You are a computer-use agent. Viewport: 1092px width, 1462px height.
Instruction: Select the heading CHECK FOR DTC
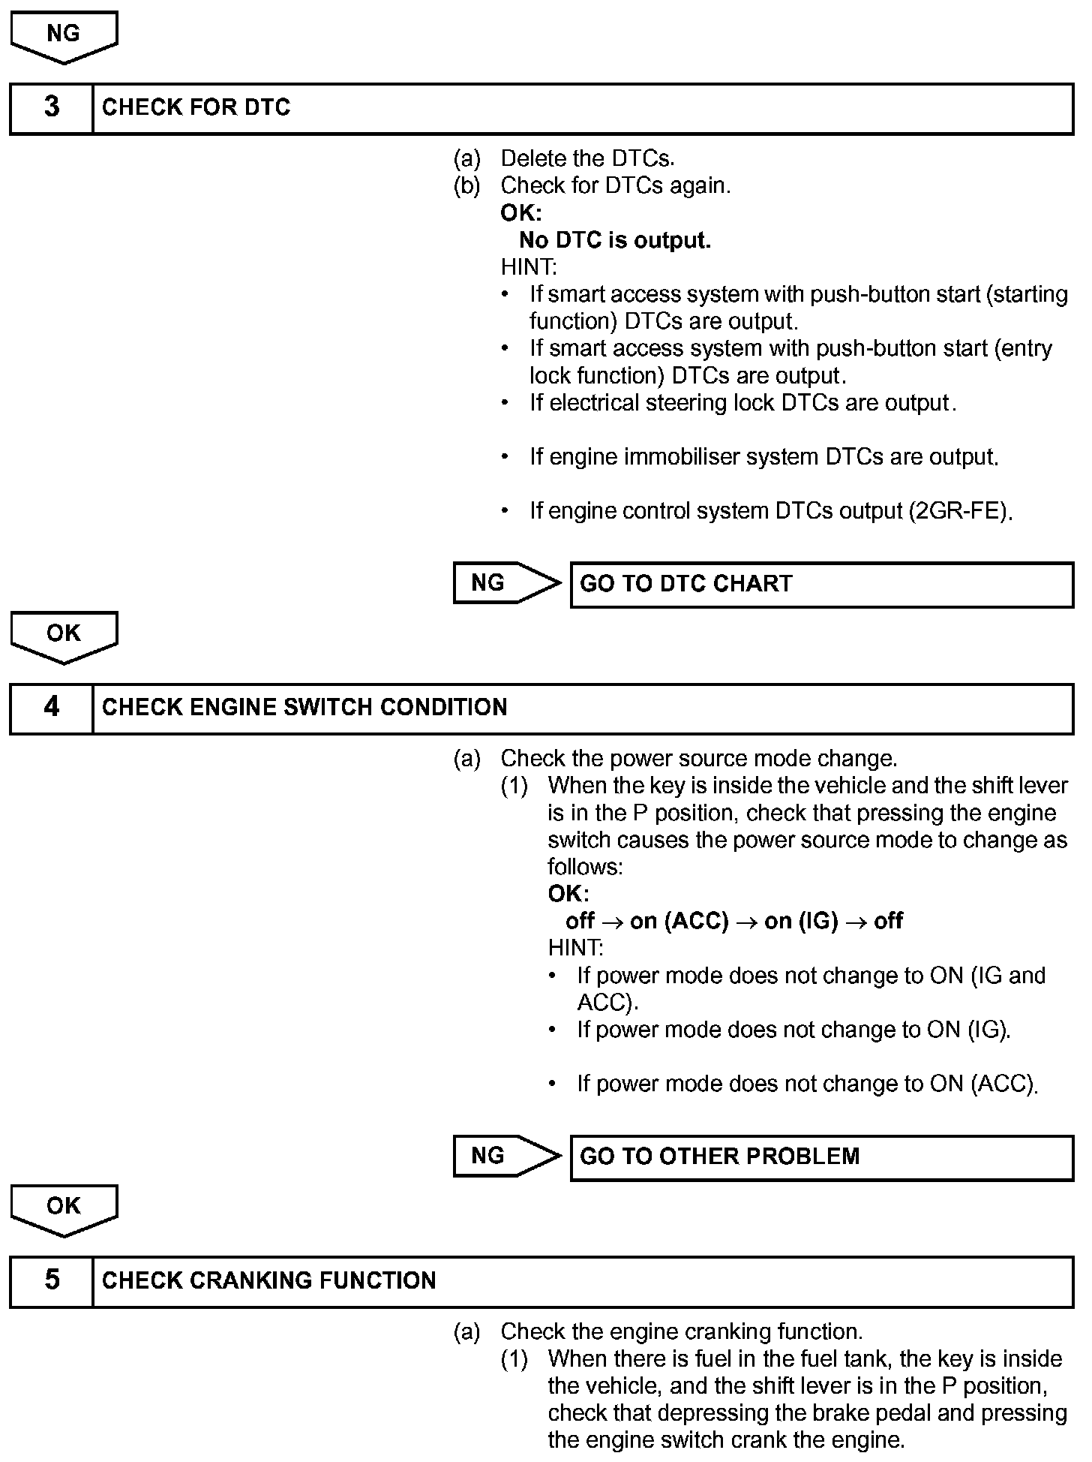[196, 107]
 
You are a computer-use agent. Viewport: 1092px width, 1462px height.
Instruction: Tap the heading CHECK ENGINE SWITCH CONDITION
[304, 707]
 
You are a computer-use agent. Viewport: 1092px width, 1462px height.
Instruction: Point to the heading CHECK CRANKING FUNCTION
[268, 1280]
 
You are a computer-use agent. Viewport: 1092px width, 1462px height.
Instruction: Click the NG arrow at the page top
[64, 35]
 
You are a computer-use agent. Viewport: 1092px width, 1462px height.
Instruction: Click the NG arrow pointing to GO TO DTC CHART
[505, 583]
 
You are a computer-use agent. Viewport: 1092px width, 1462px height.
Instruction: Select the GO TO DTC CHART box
[821, 584]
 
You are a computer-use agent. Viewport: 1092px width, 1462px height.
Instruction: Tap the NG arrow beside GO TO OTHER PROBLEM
[505, 1156]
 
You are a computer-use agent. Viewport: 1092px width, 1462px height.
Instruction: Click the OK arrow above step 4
[64, 635]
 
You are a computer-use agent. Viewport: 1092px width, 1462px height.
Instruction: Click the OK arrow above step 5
[64, 1208]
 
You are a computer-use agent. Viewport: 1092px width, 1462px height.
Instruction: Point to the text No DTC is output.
[615, 240]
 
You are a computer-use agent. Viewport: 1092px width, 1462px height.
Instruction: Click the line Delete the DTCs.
[587, 158]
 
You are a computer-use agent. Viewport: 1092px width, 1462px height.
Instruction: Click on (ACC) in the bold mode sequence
[697, 921]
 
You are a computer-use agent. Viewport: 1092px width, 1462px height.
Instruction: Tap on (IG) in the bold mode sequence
[800, 921]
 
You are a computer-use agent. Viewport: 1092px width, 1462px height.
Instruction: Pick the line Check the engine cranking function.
[681, 1331]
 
